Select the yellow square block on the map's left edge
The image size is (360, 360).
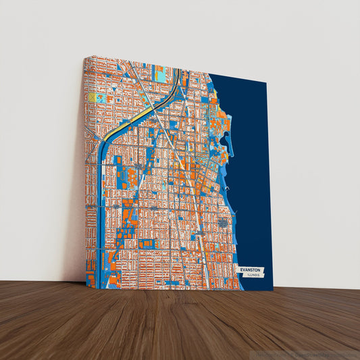(92, 97)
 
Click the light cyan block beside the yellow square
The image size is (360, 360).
(101, 98)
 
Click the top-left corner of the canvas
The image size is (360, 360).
(86, 57)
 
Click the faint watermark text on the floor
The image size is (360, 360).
(307, 353)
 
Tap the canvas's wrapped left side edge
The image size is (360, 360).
(84, 169)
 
